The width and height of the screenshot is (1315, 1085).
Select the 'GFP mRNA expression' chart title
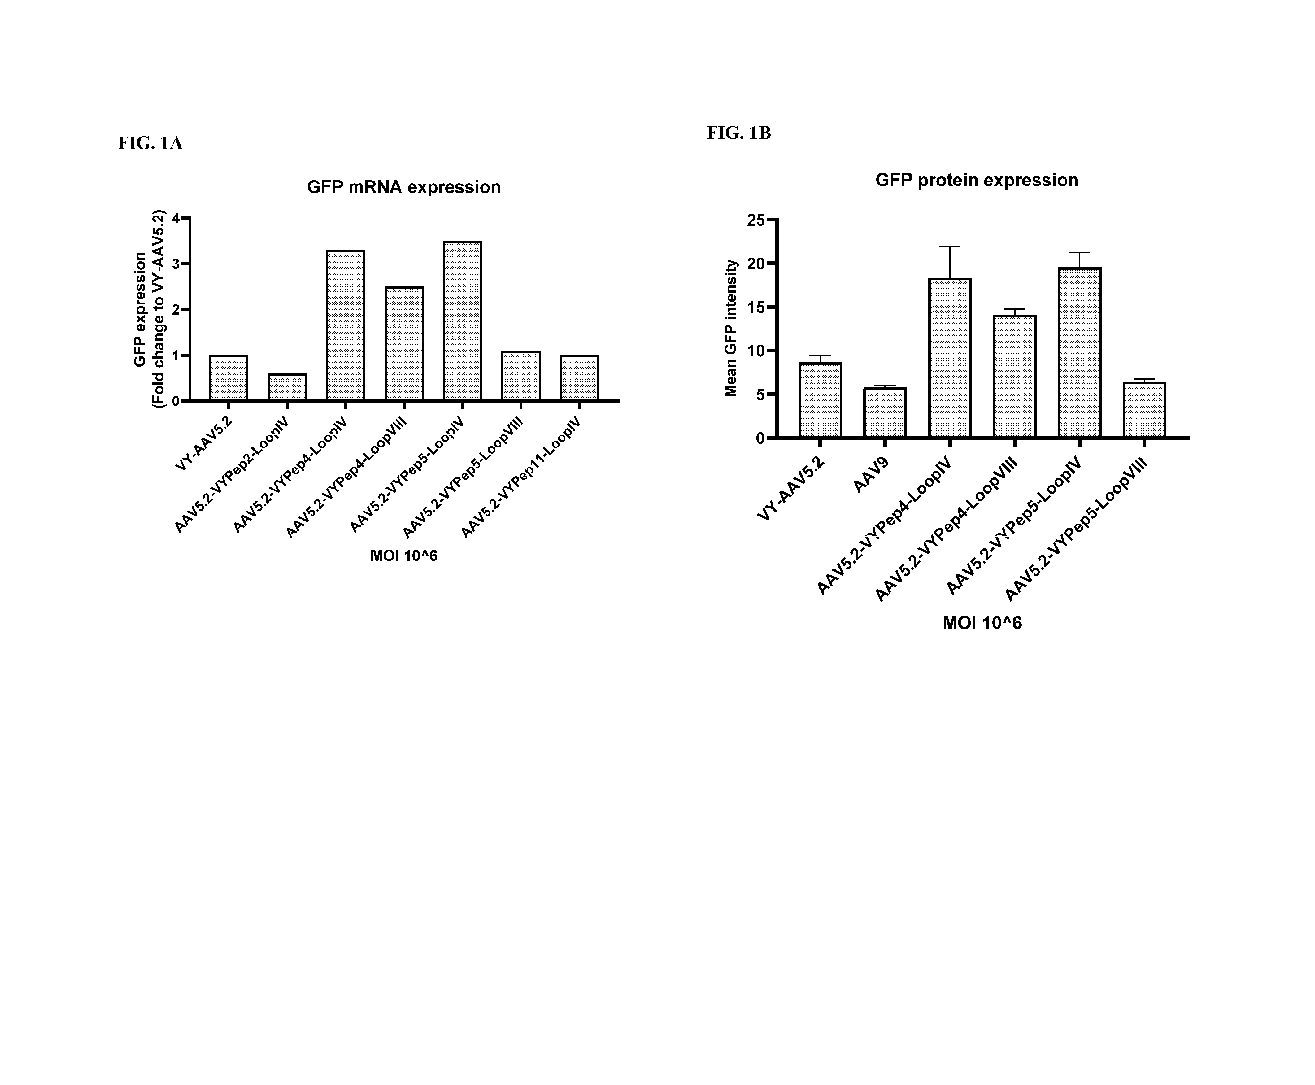[x=404, y=188]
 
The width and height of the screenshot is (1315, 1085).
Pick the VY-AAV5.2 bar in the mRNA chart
[x=229, y=378]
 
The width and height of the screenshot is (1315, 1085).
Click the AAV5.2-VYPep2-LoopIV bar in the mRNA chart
[x=287, y=387]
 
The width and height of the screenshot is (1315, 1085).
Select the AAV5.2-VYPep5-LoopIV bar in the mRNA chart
[x=463, y=320]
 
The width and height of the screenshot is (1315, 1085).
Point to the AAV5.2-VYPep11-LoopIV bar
[x=579, y=378]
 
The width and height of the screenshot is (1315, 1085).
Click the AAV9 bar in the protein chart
[x=885, y=413]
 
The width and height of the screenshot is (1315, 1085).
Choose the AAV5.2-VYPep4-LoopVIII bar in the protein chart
[x=1014, y=377]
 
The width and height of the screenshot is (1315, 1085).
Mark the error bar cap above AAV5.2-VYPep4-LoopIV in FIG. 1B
[x=950, y=247]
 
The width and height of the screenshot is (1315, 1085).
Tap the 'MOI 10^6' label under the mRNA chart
[x=404, y=556]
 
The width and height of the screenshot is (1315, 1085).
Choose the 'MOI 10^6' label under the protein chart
[x=982, y=623]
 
